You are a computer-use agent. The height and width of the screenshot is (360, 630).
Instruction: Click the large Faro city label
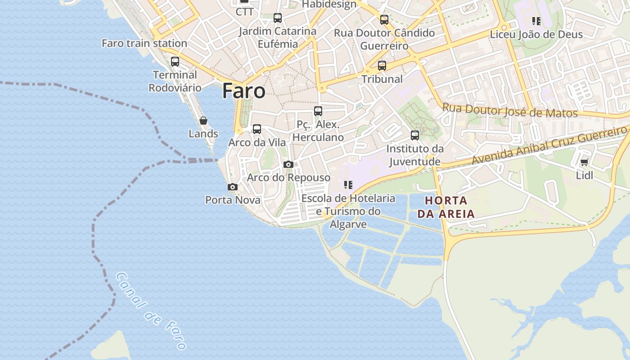point(243,91)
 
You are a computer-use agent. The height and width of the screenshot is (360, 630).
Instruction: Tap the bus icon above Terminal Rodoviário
point(175,62)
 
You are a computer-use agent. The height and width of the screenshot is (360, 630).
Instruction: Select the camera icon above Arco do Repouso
point(288,165)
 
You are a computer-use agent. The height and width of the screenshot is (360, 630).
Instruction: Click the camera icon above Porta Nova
point(233,187)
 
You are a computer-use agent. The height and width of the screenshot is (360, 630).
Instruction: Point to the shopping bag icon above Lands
point(203,121)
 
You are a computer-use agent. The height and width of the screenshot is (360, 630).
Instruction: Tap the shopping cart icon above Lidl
point(584,162)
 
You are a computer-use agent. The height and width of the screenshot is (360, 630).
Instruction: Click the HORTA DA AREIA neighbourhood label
point(446,207)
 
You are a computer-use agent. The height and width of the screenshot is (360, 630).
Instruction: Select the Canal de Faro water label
point(151,310)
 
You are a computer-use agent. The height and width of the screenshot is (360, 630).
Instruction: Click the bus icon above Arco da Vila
point(257,129)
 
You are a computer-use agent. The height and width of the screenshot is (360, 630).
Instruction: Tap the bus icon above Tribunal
point(382,66)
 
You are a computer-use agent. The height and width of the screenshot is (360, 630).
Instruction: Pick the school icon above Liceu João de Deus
point(536,21)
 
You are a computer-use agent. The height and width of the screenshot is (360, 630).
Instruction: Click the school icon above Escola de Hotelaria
point(348,185)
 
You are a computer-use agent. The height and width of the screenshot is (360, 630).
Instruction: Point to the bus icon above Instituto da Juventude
point(415,135)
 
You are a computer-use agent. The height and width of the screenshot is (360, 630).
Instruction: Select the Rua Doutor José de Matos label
point(510,110)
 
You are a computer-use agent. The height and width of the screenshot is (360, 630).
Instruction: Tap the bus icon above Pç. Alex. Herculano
point(318,111)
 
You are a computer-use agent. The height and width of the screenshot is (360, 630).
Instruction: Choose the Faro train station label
point(144,43)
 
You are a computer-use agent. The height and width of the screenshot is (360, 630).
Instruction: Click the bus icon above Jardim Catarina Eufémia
point(278,18)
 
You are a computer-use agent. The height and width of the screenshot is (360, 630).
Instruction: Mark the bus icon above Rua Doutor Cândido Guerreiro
point(384,20)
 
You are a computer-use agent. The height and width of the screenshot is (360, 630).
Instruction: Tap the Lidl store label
point(585,175)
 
